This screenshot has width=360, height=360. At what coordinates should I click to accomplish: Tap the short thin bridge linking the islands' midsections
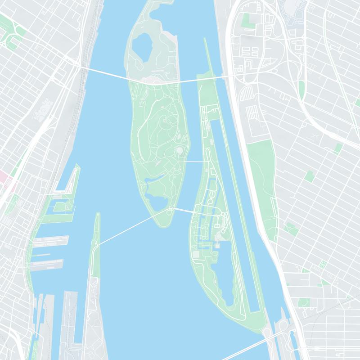click(196, 161)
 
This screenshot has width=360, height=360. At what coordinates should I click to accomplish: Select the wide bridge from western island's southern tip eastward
click(184, 211)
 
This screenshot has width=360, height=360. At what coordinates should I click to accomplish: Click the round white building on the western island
click(180, 150)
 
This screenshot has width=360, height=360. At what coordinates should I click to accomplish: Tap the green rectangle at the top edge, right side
click(246, 20)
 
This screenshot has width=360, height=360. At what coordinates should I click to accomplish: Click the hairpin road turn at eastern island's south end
click(243, 310)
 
